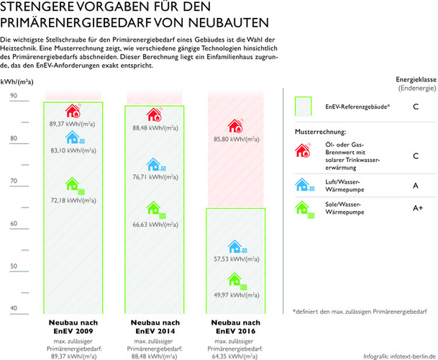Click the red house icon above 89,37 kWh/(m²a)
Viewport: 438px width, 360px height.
point(73,112)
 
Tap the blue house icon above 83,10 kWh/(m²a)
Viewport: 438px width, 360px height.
point(73,137)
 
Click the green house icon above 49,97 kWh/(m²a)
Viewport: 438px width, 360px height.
point(235,280)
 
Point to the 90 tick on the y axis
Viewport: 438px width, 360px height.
point(14,96)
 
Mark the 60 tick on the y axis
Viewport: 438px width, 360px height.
point(14,224)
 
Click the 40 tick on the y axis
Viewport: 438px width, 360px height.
point(14,309)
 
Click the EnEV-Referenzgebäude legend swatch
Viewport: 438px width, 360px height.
point(305,107)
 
